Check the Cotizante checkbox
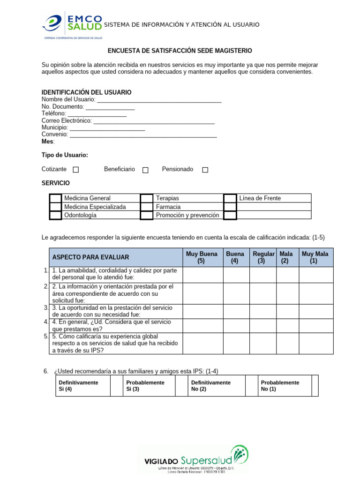point(76,170)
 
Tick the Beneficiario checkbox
point(145,170)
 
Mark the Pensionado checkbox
point(205,170)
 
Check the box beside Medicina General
point(56,198)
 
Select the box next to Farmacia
point(147,207)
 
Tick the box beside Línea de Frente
point(230,198)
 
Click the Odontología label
point(80,215)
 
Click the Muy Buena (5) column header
point(202,257)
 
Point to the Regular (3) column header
point(262,257)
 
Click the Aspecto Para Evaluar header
point(90,257)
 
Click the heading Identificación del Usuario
point(86,92)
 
